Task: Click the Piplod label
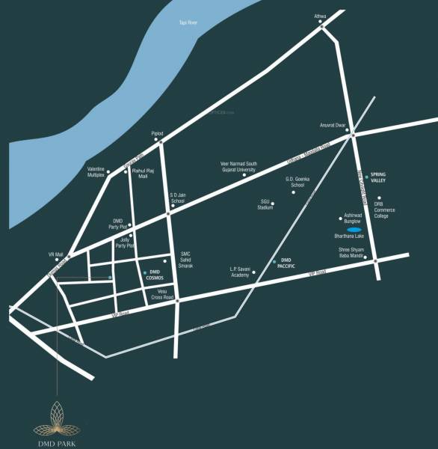(157, 133)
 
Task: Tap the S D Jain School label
(177, 198)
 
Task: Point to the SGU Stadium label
(266, 204)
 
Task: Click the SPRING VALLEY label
(382, 180)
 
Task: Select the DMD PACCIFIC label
(288, 263)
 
